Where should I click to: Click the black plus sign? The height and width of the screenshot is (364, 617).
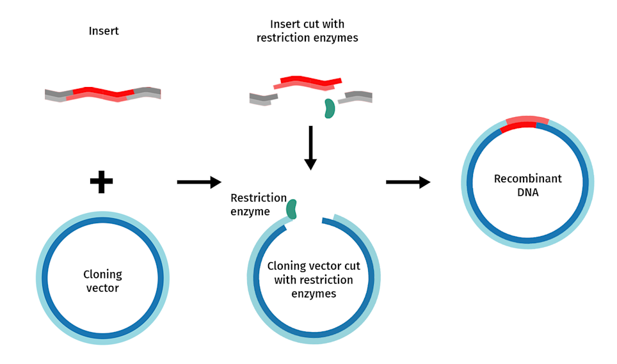[101, 182]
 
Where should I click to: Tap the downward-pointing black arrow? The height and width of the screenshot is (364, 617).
[310, 148]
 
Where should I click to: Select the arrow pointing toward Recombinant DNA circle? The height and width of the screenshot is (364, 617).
[408, 182]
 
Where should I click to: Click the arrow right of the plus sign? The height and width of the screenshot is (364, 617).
[198, 182]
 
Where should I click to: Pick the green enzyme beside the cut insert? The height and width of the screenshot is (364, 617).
[329, 108]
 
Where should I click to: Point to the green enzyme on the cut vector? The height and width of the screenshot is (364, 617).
[292, 209]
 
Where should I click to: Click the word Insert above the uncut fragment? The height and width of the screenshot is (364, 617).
[103, 31]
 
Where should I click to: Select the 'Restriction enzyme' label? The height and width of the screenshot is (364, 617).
[258, 205]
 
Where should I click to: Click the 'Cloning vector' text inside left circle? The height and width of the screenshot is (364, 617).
[102, 281]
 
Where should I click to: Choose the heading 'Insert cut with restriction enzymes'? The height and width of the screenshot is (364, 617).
[307, 31]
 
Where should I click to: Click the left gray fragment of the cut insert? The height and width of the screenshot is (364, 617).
[263, 99]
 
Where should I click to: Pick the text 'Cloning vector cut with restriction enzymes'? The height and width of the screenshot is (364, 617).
[310, 280]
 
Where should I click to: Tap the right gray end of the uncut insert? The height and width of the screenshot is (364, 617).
[148, 93]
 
